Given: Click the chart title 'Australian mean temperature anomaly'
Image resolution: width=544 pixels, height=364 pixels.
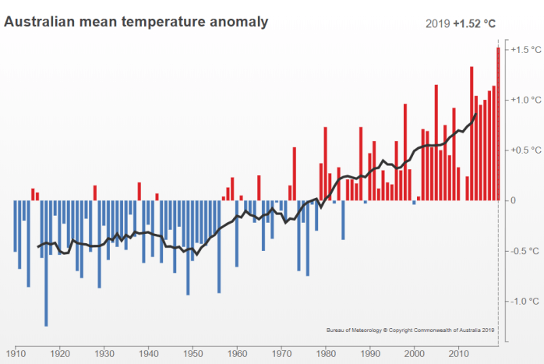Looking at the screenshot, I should click(136, 21).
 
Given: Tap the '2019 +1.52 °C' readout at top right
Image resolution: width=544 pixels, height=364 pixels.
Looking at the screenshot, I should click(461, 23).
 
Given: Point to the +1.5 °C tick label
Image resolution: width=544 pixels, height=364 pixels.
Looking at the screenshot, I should click(522, 50).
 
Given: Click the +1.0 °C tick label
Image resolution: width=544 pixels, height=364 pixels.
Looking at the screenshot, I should click(522, 100).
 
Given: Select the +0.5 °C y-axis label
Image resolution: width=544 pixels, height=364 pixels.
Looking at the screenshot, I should click(522, 150).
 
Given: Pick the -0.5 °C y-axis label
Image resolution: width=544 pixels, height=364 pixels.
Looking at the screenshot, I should click(522, 251).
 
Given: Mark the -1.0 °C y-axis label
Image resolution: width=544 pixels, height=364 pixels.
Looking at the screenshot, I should click(522, 301).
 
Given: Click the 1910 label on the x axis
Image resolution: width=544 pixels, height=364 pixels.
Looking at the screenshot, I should click(15, 352).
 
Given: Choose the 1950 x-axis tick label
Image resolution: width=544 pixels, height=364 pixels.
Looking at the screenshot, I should click(192, 352).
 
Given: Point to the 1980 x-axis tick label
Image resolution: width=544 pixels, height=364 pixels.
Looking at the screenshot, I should click(326, 352).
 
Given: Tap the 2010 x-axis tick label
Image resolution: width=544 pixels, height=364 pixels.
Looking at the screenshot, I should click(458, 352).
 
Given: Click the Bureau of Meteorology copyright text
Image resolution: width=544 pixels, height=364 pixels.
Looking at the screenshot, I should click(411, 330).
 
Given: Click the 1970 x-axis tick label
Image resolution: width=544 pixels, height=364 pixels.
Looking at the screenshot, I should click(281, 352).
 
